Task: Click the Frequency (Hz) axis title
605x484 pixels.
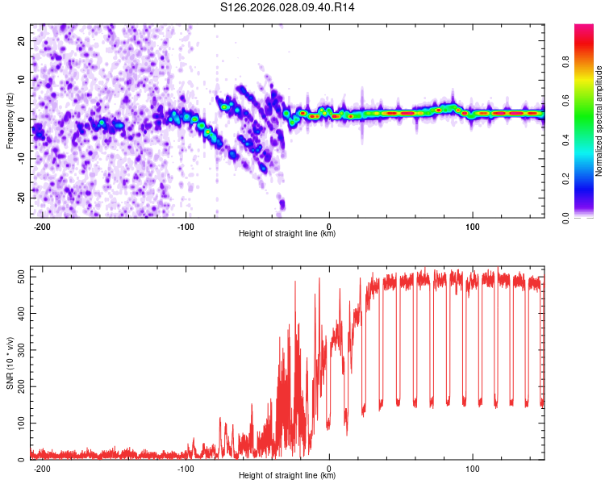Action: (10, 120)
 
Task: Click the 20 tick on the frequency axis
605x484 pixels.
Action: (22, 40)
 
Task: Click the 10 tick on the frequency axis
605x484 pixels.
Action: (22, 80)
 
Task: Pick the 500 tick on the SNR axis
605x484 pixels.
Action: (18, 276)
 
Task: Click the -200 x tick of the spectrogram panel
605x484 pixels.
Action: (43, 225)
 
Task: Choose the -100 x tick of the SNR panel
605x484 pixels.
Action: (186, 467)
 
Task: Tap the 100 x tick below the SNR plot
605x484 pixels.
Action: (472, 467)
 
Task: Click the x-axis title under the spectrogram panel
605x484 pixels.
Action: (287, 234)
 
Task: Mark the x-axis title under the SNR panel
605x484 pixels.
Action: (287, 476)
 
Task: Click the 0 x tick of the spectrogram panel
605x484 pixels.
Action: (329, 225)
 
